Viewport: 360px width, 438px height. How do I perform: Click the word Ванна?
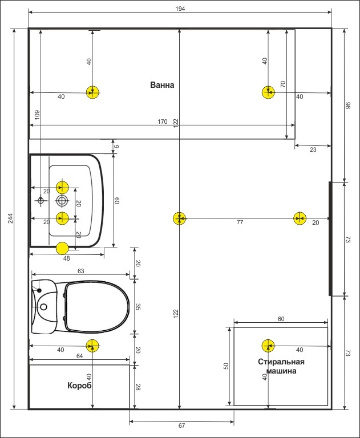[162, 85]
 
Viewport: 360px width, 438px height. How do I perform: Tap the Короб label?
[80, 386]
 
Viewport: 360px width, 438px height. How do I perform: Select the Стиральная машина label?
[281, 366]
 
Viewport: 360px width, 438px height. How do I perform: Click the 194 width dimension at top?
[180, 9]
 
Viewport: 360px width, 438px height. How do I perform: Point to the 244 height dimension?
[10, 218]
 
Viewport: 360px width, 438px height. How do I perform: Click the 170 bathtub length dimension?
[163, 121]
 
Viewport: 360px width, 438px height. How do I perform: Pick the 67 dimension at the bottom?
[181, 425]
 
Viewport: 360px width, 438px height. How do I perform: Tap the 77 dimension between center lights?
[240, 222]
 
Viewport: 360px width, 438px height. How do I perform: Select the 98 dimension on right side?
[348, 106]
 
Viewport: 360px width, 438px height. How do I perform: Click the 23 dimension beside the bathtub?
[313, 150]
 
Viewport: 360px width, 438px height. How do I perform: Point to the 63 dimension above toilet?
[81, 271]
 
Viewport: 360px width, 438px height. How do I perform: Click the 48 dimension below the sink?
[67, 258]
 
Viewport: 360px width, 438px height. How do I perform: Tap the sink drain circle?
[62, 200]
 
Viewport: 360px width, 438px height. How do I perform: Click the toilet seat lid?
[97, 307]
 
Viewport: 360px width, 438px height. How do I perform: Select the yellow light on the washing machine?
[268, 346]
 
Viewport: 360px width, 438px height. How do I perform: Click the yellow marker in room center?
[179, 218]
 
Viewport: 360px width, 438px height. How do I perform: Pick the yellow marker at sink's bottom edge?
[62, 248]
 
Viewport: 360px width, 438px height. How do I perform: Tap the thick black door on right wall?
[330, 238]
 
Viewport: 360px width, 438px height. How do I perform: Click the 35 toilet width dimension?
[137, 307]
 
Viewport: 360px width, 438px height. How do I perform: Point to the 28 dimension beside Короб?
[137, 387]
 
